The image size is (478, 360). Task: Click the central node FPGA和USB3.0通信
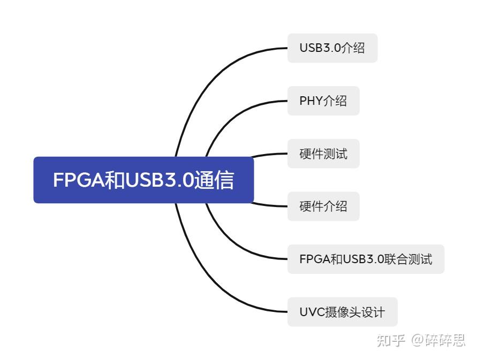[143, 180]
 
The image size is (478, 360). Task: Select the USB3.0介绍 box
[332, 48]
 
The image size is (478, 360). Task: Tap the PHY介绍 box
[323, 101]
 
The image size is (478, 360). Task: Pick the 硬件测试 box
[323, 154]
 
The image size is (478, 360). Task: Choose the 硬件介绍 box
[323, 206]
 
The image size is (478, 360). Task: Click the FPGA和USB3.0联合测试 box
[366, 259]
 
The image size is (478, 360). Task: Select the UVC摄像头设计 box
[342, 312]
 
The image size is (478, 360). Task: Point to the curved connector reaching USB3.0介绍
[214, 75]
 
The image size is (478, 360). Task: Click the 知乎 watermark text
[391, 340]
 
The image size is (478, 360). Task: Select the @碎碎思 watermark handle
[438, 340]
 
